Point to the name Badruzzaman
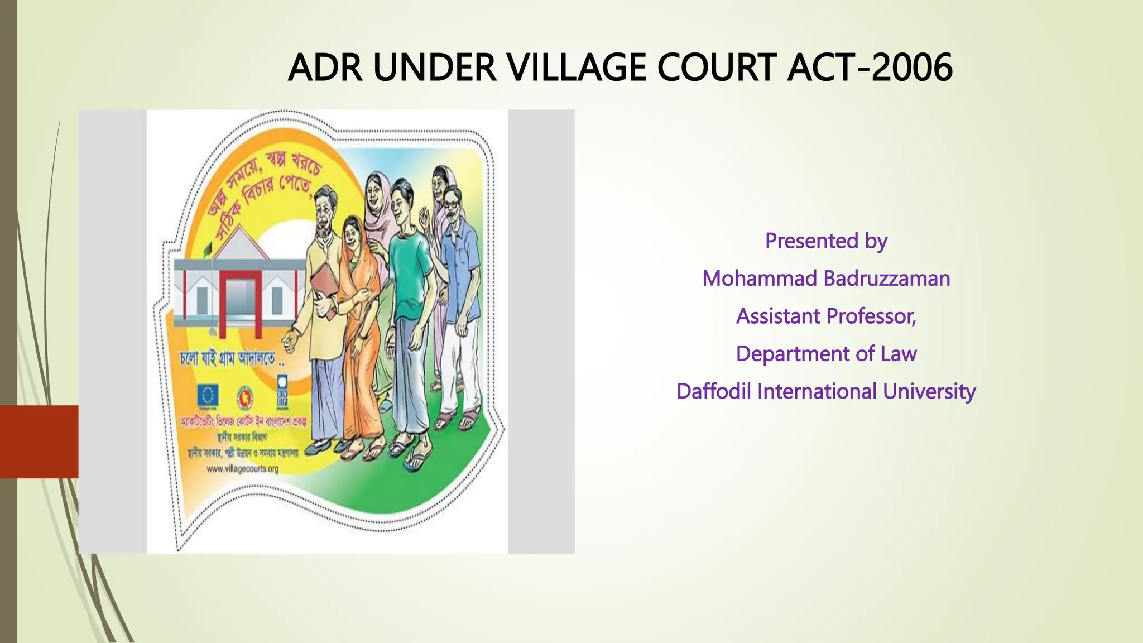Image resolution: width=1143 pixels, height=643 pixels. point(887,279)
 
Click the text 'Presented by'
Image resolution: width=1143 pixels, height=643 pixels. point(826,241)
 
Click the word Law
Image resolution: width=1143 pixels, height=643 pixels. point(899,354)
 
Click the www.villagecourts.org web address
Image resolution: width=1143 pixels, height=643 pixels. point(242,469)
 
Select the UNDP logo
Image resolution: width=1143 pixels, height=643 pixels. point(282,391)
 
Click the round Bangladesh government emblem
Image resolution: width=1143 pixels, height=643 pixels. point(245,397)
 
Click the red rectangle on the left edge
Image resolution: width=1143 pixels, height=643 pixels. point(39,442)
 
